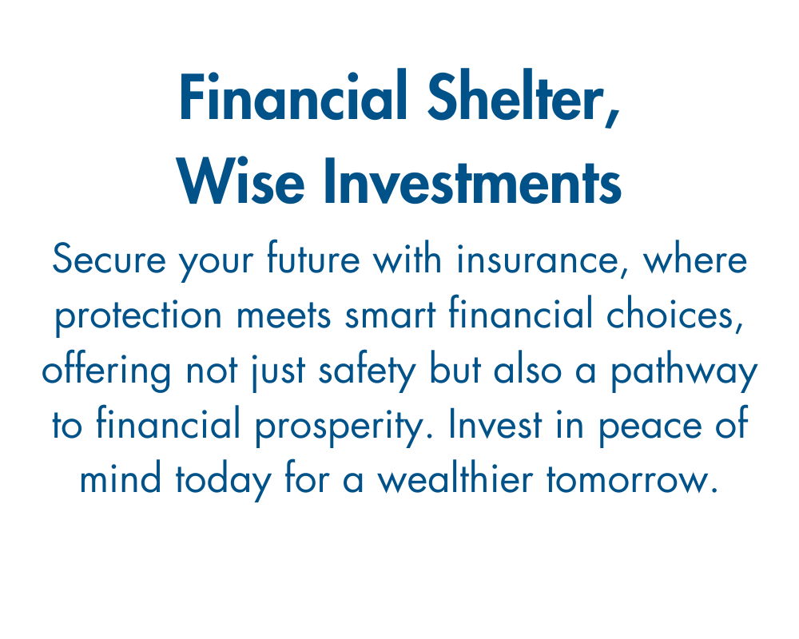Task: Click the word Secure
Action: point(109,259)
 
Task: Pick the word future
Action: point(313,258)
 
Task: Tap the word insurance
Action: point(538,260)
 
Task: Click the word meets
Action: point(284,315)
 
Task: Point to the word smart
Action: point(391,315)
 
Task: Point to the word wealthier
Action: point(455,478)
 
